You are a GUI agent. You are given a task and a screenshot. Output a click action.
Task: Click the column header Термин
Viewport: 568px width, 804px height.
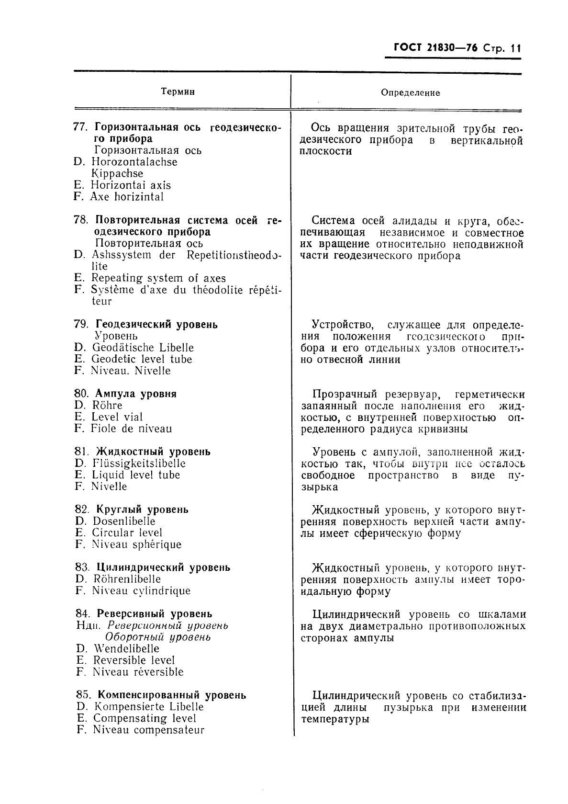(178, 91)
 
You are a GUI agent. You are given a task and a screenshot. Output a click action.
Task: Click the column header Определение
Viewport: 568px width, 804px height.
(410, 93)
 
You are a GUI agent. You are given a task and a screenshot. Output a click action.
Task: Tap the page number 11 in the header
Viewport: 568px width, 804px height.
(515, 49)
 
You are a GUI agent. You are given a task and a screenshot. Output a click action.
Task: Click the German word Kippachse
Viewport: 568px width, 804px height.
(117, 174)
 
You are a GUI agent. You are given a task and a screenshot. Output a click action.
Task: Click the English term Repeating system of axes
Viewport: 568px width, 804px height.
(158, 278)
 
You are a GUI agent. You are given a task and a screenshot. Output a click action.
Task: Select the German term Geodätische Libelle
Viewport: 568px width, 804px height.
(143, 348)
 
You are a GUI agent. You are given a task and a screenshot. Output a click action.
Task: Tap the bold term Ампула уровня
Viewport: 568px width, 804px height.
(136, 394)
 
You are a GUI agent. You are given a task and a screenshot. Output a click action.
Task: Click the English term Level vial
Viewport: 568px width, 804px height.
(117, 417)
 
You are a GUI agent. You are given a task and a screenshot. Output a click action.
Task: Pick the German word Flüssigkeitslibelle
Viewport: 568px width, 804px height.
(139, 464)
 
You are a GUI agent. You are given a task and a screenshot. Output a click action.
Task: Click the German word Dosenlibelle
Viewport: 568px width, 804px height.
(124, 521)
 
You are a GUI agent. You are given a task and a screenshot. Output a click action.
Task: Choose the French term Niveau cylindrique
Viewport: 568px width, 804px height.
(141, 591)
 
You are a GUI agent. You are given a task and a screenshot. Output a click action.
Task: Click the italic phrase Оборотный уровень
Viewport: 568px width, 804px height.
(157, 637)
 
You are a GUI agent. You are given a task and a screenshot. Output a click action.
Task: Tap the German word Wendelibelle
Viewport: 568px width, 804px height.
(126, 649)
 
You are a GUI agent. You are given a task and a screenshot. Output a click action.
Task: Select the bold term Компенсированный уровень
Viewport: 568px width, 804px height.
(171, 695)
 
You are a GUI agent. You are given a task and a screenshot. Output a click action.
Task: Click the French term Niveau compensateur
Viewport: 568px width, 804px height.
(148, 730)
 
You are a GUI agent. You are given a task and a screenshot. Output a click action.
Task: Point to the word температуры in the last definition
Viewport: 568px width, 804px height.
(335, 719)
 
